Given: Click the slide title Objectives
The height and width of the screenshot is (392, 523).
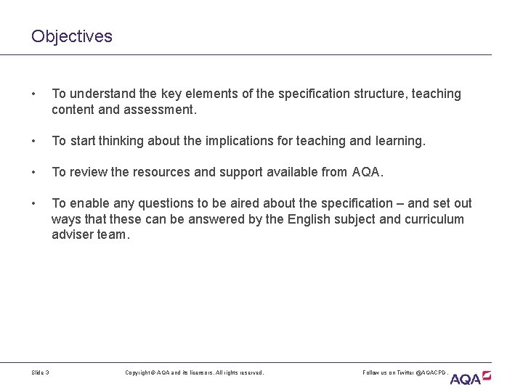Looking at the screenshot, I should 72,36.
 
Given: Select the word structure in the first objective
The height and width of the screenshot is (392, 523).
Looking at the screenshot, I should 358,94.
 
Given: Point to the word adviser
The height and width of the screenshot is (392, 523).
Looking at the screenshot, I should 73,235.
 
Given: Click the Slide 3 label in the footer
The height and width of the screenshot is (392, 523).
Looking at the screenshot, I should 41,372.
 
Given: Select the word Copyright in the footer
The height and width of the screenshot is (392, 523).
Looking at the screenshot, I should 139,372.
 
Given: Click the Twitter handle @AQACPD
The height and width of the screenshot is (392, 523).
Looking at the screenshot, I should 431,372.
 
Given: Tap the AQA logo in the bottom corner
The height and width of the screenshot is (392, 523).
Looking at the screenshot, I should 471,377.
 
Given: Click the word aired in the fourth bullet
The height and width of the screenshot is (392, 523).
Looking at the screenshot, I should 235,203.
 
